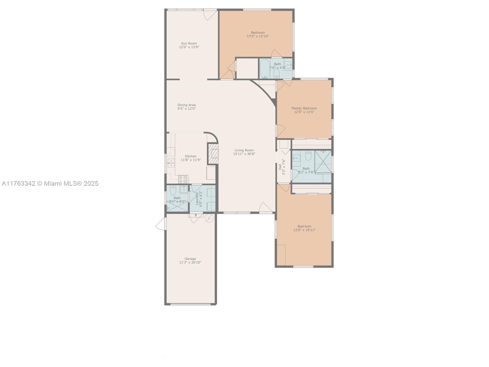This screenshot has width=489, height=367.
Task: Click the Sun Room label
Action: coord(189,43)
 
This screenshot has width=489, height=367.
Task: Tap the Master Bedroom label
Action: coord(304,108)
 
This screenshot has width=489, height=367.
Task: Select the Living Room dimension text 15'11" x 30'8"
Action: coord(244,154)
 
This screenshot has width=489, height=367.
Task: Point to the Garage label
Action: coord(190,259)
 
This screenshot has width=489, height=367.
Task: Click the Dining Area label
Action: coord(186,105)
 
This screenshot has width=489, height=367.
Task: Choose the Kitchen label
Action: coord(191,156)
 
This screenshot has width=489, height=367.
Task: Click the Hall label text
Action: coord(280,167)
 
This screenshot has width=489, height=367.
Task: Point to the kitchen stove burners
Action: coord(183,179)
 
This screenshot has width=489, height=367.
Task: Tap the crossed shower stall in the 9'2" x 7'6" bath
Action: coord(323,161)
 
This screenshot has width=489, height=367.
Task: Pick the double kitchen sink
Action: coord(171,163)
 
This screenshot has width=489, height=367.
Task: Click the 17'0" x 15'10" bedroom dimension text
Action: coord(258,36)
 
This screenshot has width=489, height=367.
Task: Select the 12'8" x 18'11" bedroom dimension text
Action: coord(304,230)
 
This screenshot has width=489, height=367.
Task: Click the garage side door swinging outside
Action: coord(161,224)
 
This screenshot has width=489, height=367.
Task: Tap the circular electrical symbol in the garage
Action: coord(209,218)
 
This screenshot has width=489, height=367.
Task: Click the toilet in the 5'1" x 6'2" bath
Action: coord(173,190)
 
